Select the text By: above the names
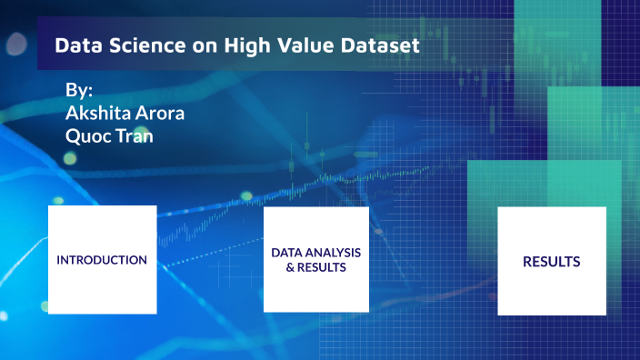(x=80, y=92)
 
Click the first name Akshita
(x=99, y=114)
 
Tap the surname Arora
(x=160, y=114)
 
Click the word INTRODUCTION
(x=102, y=260)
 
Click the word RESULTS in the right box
(x=551, y=262)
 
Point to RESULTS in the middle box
(x=322, y=268)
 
